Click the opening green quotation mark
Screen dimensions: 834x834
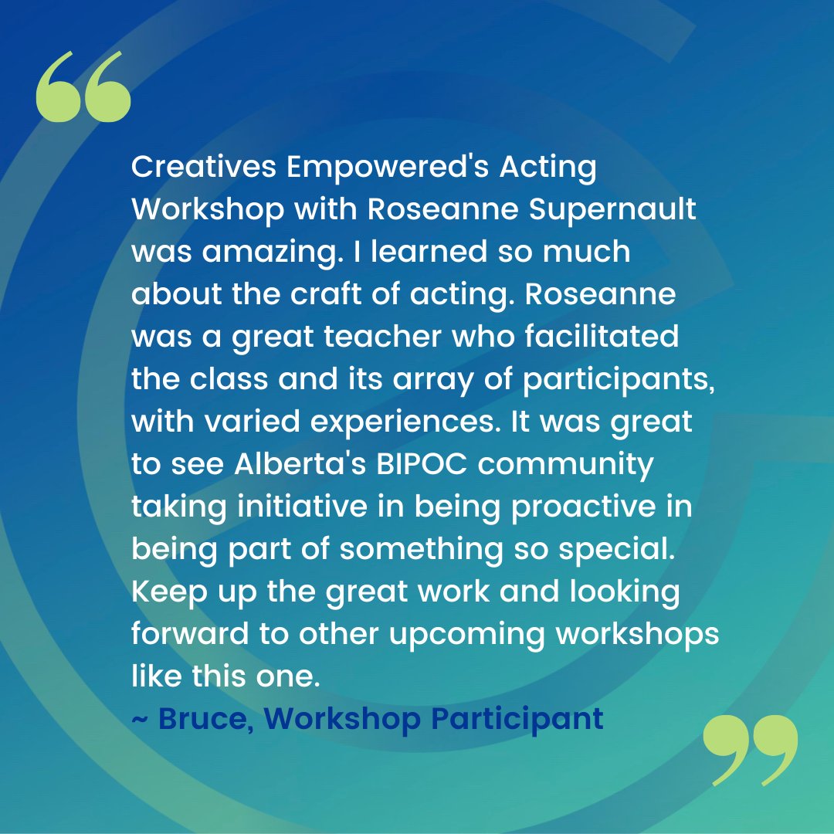pos(83,87)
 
